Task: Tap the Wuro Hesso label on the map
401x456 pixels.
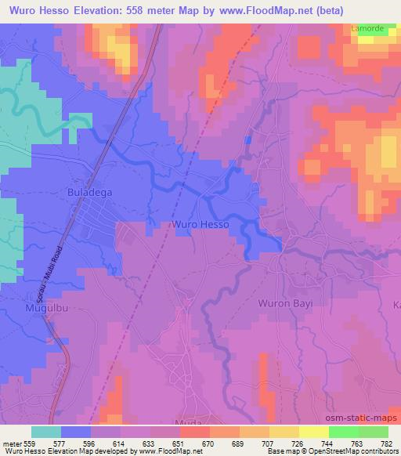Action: point(200,224)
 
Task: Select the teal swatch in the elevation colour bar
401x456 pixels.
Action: point(46,431)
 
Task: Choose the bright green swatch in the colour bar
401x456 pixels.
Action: point(343,431)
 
